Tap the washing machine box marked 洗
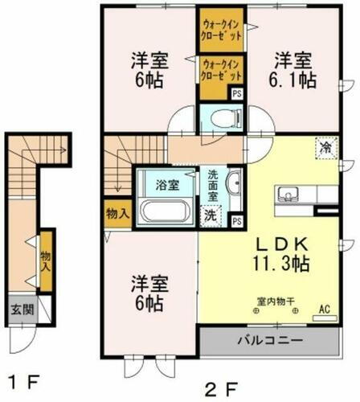209,215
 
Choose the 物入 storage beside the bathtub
117,214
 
